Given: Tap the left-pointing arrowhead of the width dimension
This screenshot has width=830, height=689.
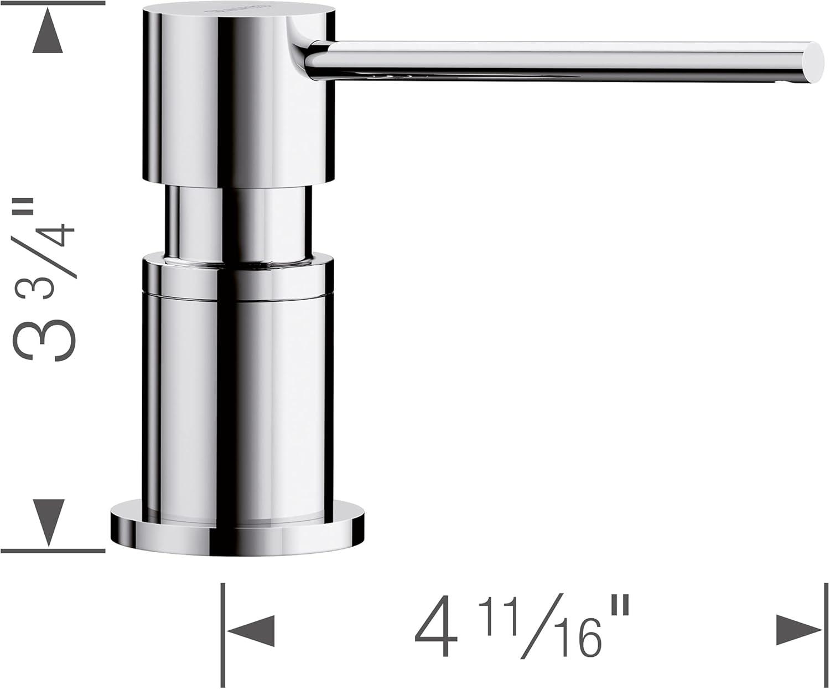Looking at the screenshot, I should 252,630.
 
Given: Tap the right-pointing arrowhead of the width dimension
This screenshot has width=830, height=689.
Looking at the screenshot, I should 798,630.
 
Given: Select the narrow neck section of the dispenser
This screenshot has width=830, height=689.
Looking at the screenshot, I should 238,222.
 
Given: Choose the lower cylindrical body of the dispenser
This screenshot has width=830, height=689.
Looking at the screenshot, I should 238,388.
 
